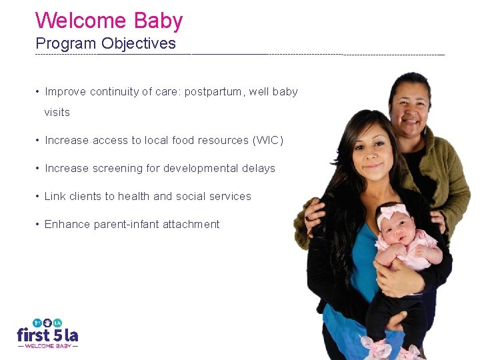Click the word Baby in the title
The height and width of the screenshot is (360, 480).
click(158, 21)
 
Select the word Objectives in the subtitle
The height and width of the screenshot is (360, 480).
click(139, 44)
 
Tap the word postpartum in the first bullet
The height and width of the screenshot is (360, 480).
click(213, 92)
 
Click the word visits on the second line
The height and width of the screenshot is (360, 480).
click(57, 113)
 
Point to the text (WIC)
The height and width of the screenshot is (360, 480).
click(268, 141)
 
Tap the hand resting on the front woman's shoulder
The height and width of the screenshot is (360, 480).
click(311, 213)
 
